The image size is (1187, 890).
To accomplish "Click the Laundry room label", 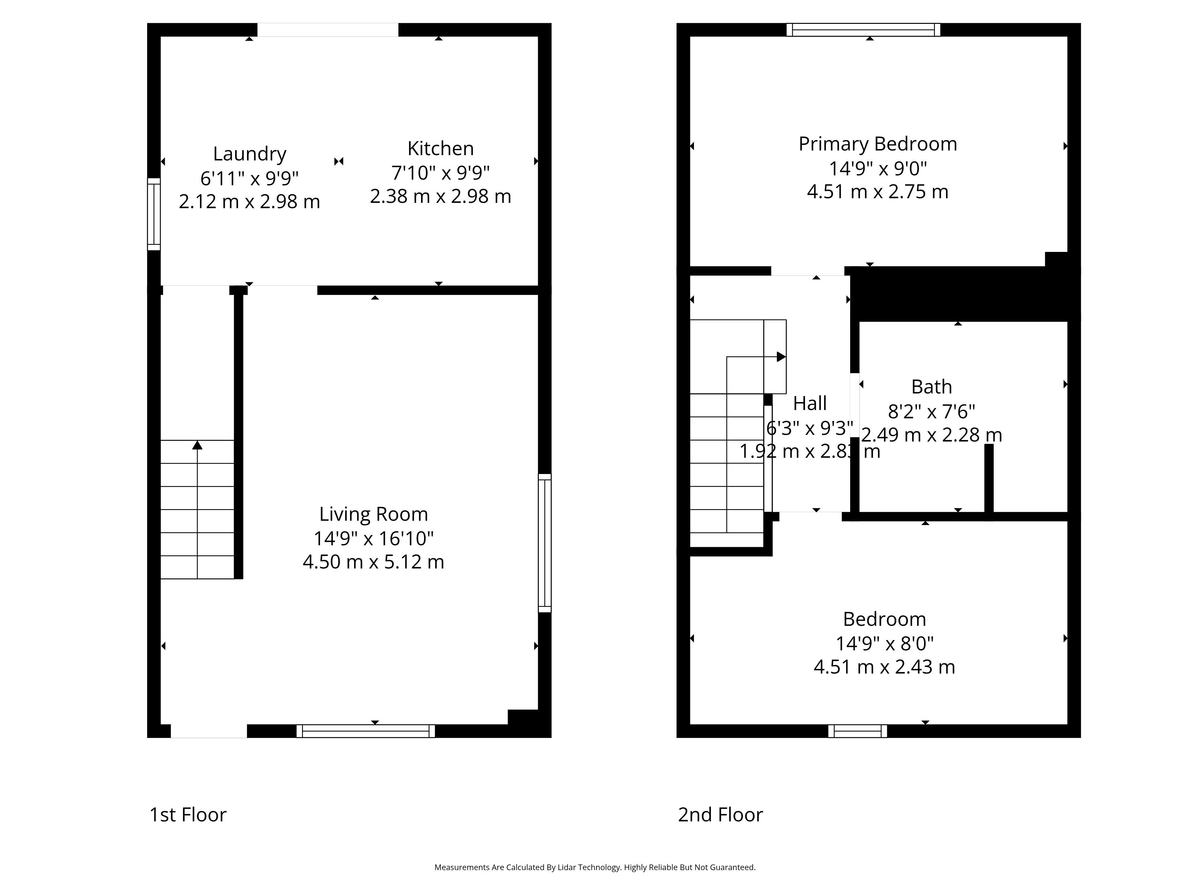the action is pos(250,154).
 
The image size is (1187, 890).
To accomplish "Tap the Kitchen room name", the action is pos(441,148).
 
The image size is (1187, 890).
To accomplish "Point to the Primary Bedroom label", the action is pos(878,144).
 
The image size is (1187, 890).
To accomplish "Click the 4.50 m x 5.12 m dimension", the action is pos(373,562).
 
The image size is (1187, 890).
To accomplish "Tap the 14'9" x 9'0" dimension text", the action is pos(878,168).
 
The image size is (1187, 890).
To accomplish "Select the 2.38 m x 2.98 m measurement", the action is pos(441,196).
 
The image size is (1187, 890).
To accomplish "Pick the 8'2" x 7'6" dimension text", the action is pos(932,411).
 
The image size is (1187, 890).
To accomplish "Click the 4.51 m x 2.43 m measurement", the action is pos(884,667).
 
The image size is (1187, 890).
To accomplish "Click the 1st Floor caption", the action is pos(188,814).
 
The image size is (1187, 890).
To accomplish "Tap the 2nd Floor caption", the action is pos(720,814).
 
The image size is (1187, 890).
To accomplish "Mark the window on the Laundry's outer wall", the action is pos(154,214).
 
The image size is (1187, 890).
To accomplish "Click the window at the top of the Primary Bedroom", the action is pos(863,30).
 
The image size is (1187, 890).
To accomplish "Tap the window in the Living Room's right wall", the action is pos(545,543).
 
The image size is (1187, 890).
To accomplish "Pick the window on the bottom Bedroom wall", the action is pos(857,731).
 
